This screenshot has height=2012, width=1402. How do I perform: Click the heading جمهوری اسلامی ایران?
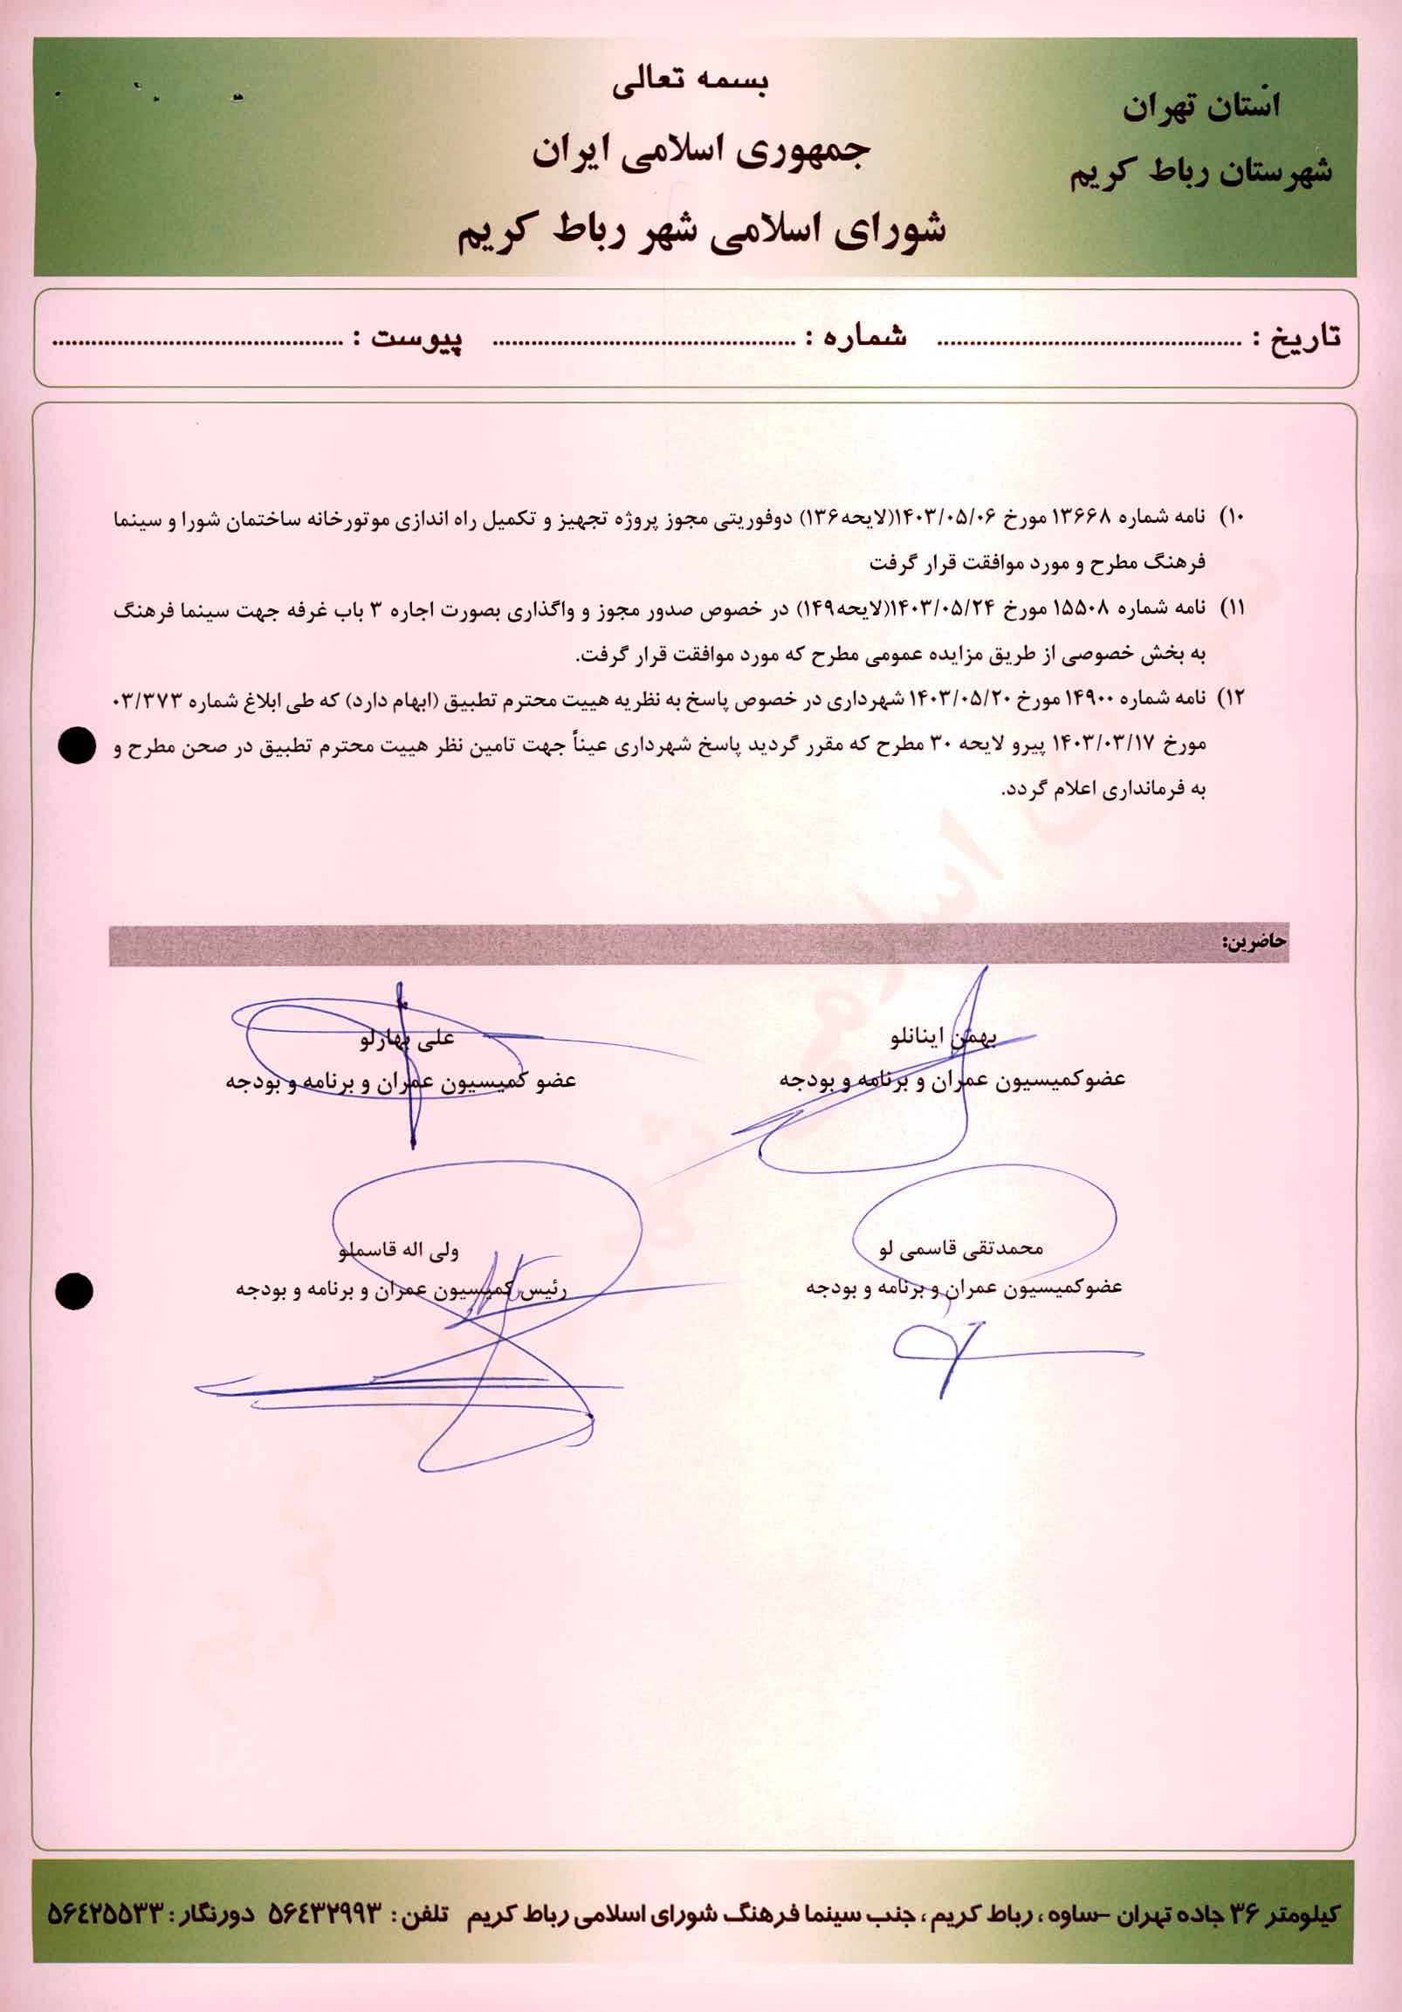pyautogui.click(x=700, y=152)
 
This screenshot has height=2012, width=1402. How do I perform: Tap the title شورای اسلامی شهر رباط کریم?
pyautogui.click(x=701, y=230)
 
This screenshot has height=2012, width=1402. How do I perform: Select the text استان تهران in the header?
pyautogui.click(x=1201, y=107)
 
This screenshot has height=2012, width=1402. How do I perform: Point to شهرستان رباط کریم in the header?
pyautogui.click(x=1200, y=172)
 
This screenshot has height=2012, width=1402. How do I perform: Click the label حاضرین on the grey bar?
pyautogui.click(x=1254, y=942)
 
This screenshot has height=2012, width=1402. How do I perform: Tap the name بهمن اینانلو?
pyautogui.click(x=943, y=1040)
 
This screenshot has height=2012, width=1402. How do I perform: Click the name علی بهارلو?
pyautogui.click(x=408, y=1040)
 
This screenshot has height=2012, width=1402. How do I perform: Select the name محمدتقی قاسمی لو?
pyautogui.click(x=961, y=1249)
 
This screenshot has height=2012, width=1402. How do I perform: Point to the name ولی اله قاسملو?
pyautogui.click(x=399, y=1251)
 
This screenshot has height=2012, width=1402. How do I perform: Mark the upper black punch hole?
pyautogui.click(x=76, y=745)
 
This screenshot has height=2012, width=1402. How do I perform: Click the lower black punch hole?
pyautogui.click(x=73, y=1292)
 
